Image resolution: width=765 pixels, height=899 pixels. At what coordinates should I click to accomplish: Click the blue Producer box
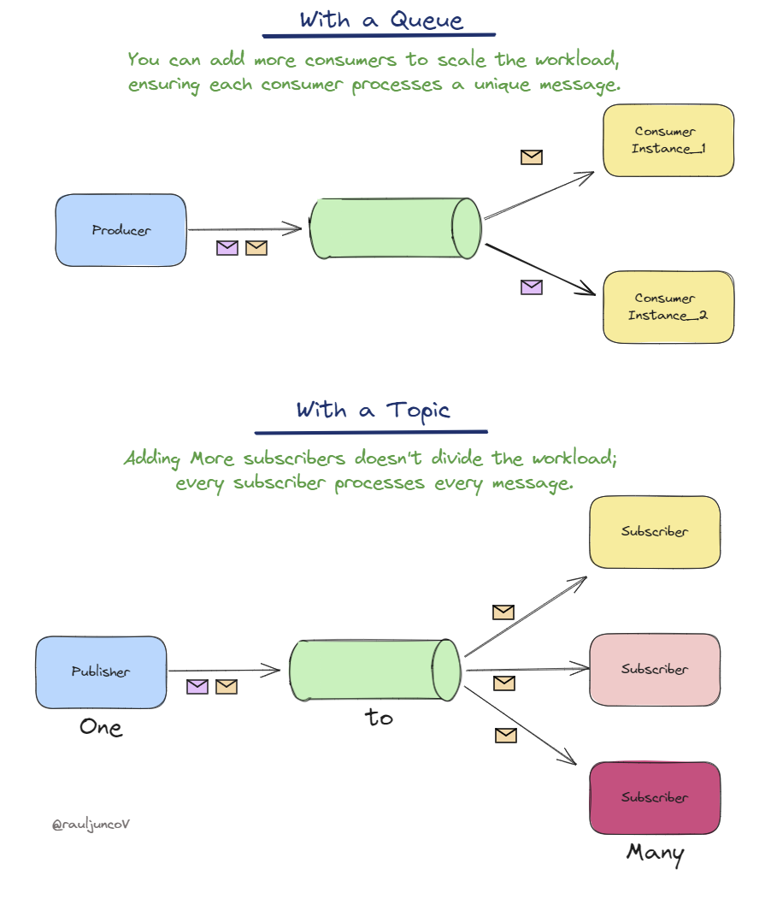pyautogui.click(x=121, y=230)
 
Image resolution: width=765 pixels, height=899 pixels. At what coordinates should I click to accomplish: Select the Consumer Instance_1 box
pyautogui.click(x=668, y=140)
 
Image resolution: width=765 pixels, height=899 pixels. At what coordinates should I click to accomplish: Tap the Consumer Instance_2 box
pyautogui.click(x=668, y=307)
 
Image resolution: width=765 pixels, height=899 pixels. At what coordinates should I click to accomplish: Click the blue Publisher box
pyautogui.click(x=101, y=671)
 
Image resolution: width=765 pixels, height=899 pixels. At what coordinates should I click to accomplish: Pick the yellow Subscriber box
pyautogui.click(x=655, y=531)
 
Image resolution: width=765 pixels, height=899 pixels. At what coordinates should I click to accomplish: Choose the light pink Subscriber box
pyautogui.click(x=655, y=669)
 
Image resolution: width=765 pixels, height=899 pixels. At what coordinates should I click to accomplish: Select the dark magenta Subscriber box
pyautogui.click(x=655, y=797)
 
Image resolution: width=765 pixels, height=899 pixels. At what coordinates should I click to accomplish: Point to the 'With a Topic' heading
pyautogui.click(x=373, y=411)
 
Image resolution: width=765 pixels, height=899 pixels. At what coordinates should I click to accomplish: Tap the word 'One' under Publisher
pyautogui.click(x=101, y=727)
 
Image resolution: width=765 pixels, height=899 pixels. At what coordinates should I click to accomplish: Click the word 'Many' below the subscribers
pyautogui.click(x=655, y=853)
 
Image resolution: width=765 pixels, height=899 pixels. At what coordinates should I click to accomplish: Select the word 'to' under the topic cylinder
pyautogui.click(x=379, y=718)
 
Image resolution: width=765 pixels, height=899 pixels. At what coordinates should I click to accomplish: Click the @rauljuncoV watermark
pyautogui.click(x=91, y=825)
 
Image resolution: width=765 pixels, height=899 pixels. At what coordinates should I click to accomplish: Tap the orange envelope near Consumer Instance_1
pyautogui.click(x=532, y=157)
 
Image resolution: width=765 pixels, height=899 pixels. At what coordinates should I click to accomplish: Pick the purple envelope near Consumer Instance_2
pyautogui.click(x=532, y=287)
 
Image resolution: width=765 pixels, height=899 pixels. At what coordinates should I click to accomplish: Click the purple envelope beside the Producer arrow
pyautogui.click(x=227, y=248)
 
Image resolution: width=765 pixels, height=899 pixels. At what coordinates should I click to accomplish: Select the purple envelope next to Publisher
pyautogui.click(x=197, y=686)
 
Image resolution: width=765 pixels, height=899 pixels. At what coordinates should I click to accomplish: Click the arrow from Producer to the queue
pyautogui.click(x=244, y=228)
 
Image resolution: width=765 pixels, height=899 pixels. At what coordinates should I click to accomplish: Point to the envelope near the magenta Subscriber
pyautogui.click(x=506, y=735)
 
